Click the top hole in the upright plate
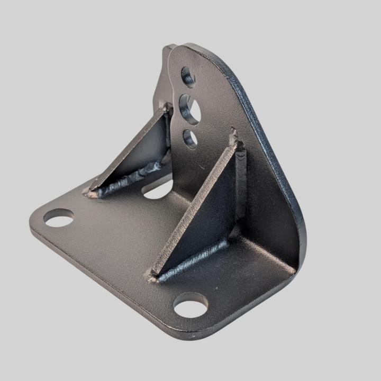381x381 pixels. point(188,76)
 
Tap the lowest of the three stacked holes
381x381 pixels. point(190,138)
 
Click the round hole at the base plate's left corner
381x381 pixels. point(59,217)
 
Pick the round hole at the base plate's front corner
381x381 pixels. point(190,305)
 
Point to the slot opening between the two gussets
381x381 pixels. point(159,189)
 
